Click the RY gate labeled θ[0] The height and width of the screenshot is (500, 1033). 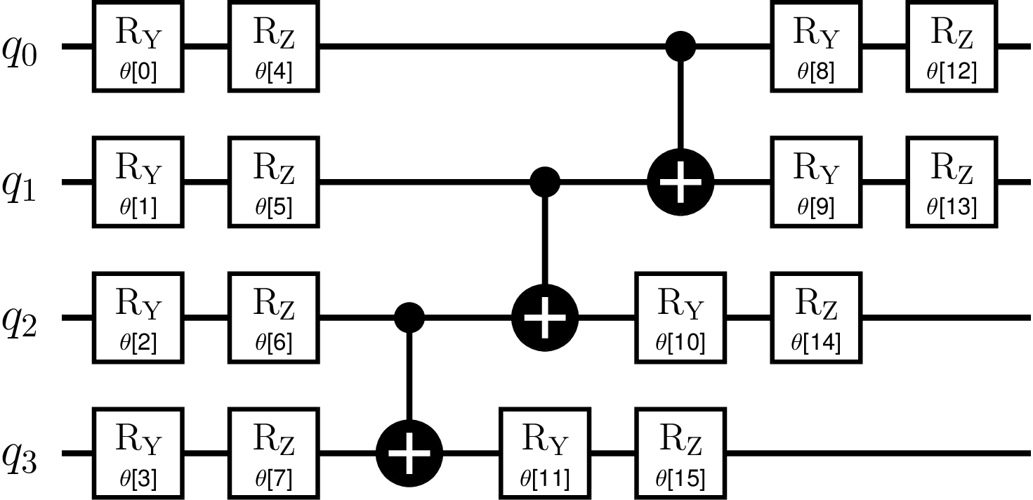(138, 46)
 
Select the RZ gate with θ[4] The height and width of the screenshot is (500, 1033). (274, 46)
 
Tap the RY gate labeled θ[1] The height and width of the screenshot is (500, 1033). (138, 182)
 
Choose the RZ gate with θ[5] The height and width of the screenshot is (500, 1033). (274, 182)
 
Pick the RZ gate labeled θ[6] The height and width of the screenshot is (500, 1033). (274, 318)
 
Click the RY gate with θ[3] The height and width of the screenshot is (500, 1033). (138, 454)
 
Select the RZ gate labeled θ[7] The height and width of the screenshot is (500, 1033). (274, 454)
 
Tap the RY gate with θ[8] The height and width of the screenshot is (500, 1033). (816, 46)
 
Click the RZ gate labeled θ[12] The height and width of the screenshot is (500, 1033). (952, 46)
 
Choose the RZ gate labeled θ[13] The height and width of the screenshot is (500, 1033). (952, 182)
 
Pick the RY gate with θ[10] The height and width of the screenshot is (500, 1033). (680, 318)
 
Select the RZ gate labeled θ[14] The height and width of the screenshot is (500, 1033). (816, 318)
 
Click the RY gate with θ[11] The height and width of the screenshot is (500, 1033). (545, 454)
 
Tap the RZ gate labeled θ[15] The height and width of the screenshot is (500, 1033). (680, 454)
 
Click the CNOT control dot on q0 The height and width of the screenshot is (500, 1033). (680, 46)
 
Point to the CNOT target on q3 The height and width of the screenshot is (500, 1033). (409, 454)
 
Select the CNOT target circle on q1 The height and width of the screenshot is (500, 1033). (680, 182)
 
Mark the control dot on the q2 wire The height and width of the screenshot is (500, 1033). (409, 318)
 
